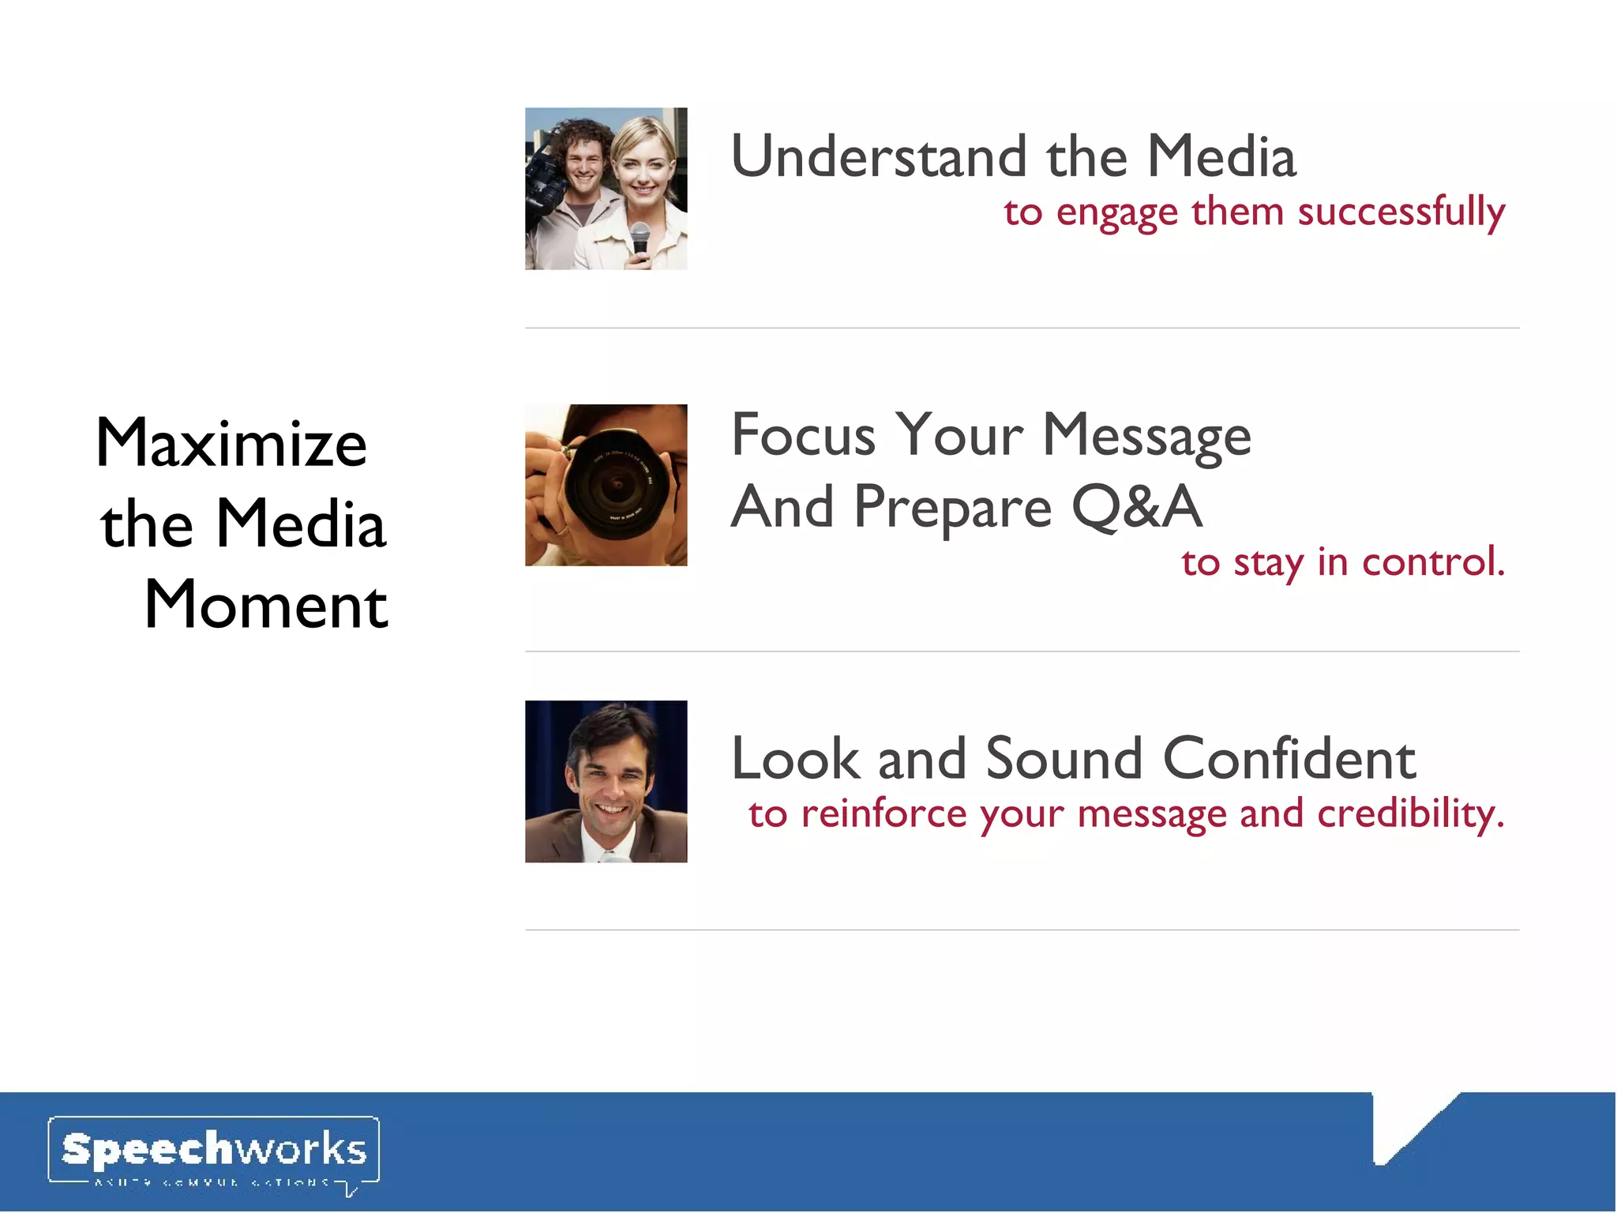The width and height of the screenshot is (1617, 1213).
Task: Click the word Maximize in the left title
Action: [x=231, y=444]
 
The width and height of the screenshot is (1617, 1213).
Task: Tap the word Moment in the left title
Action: [x=266, y=606]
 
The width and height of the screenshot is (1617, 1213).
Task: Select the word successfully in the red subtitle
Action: [x=1401, y=212]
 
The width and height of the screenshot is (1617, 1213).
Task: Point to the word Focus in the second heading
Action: [x=803, y=435]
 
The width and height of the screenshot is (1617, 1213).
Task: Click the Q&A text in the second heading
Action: [x=1137, y=507]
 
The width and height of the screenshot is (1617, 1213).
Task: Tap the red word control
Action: [x=1433, y=562]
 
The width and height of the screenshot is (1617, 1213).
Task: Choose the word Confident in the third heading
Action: [x=1289, y=759]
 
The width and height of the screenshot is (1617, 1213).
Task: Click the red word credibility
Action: [x=1411, y=814]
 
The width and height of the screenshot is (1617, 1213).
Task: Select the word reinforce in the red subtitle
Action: [x=884, y=814]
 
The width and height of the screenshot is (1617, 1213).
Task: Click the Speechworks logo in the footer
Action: [x=213, y=1151]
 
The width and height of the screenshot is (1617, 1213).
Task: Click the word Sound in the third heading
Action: [x=1064, y=759]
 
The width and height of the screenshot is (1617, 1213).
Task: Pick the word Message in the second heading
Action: [x=1146, y=435]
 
